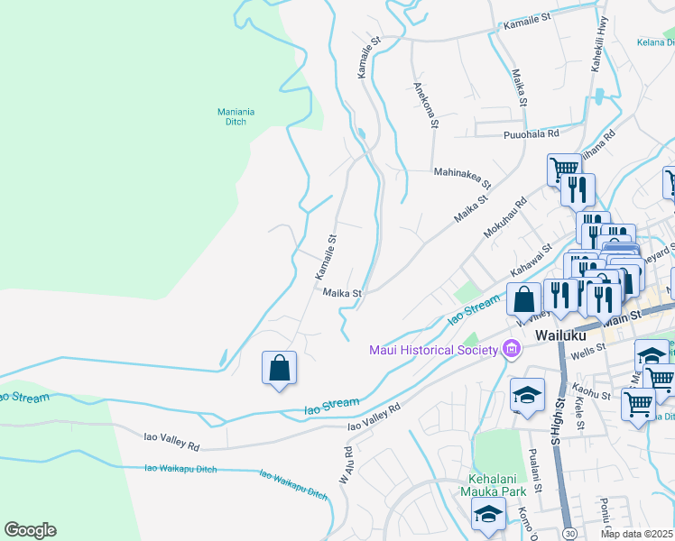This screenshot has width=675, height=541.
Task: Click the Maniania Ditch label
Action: pos(236,116)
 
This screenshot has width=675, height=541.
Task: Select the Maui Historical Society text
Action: pos(433,350)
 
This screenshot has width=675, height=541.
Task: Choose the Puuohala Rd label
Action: pos(531,133)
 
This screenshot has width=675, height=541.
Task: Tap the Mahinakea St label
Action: pos(462,177)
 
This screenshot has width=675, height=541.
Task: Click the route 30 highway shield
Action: pos(568,533)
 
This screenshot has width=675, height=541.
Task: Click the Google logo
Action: pos(30,530)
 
